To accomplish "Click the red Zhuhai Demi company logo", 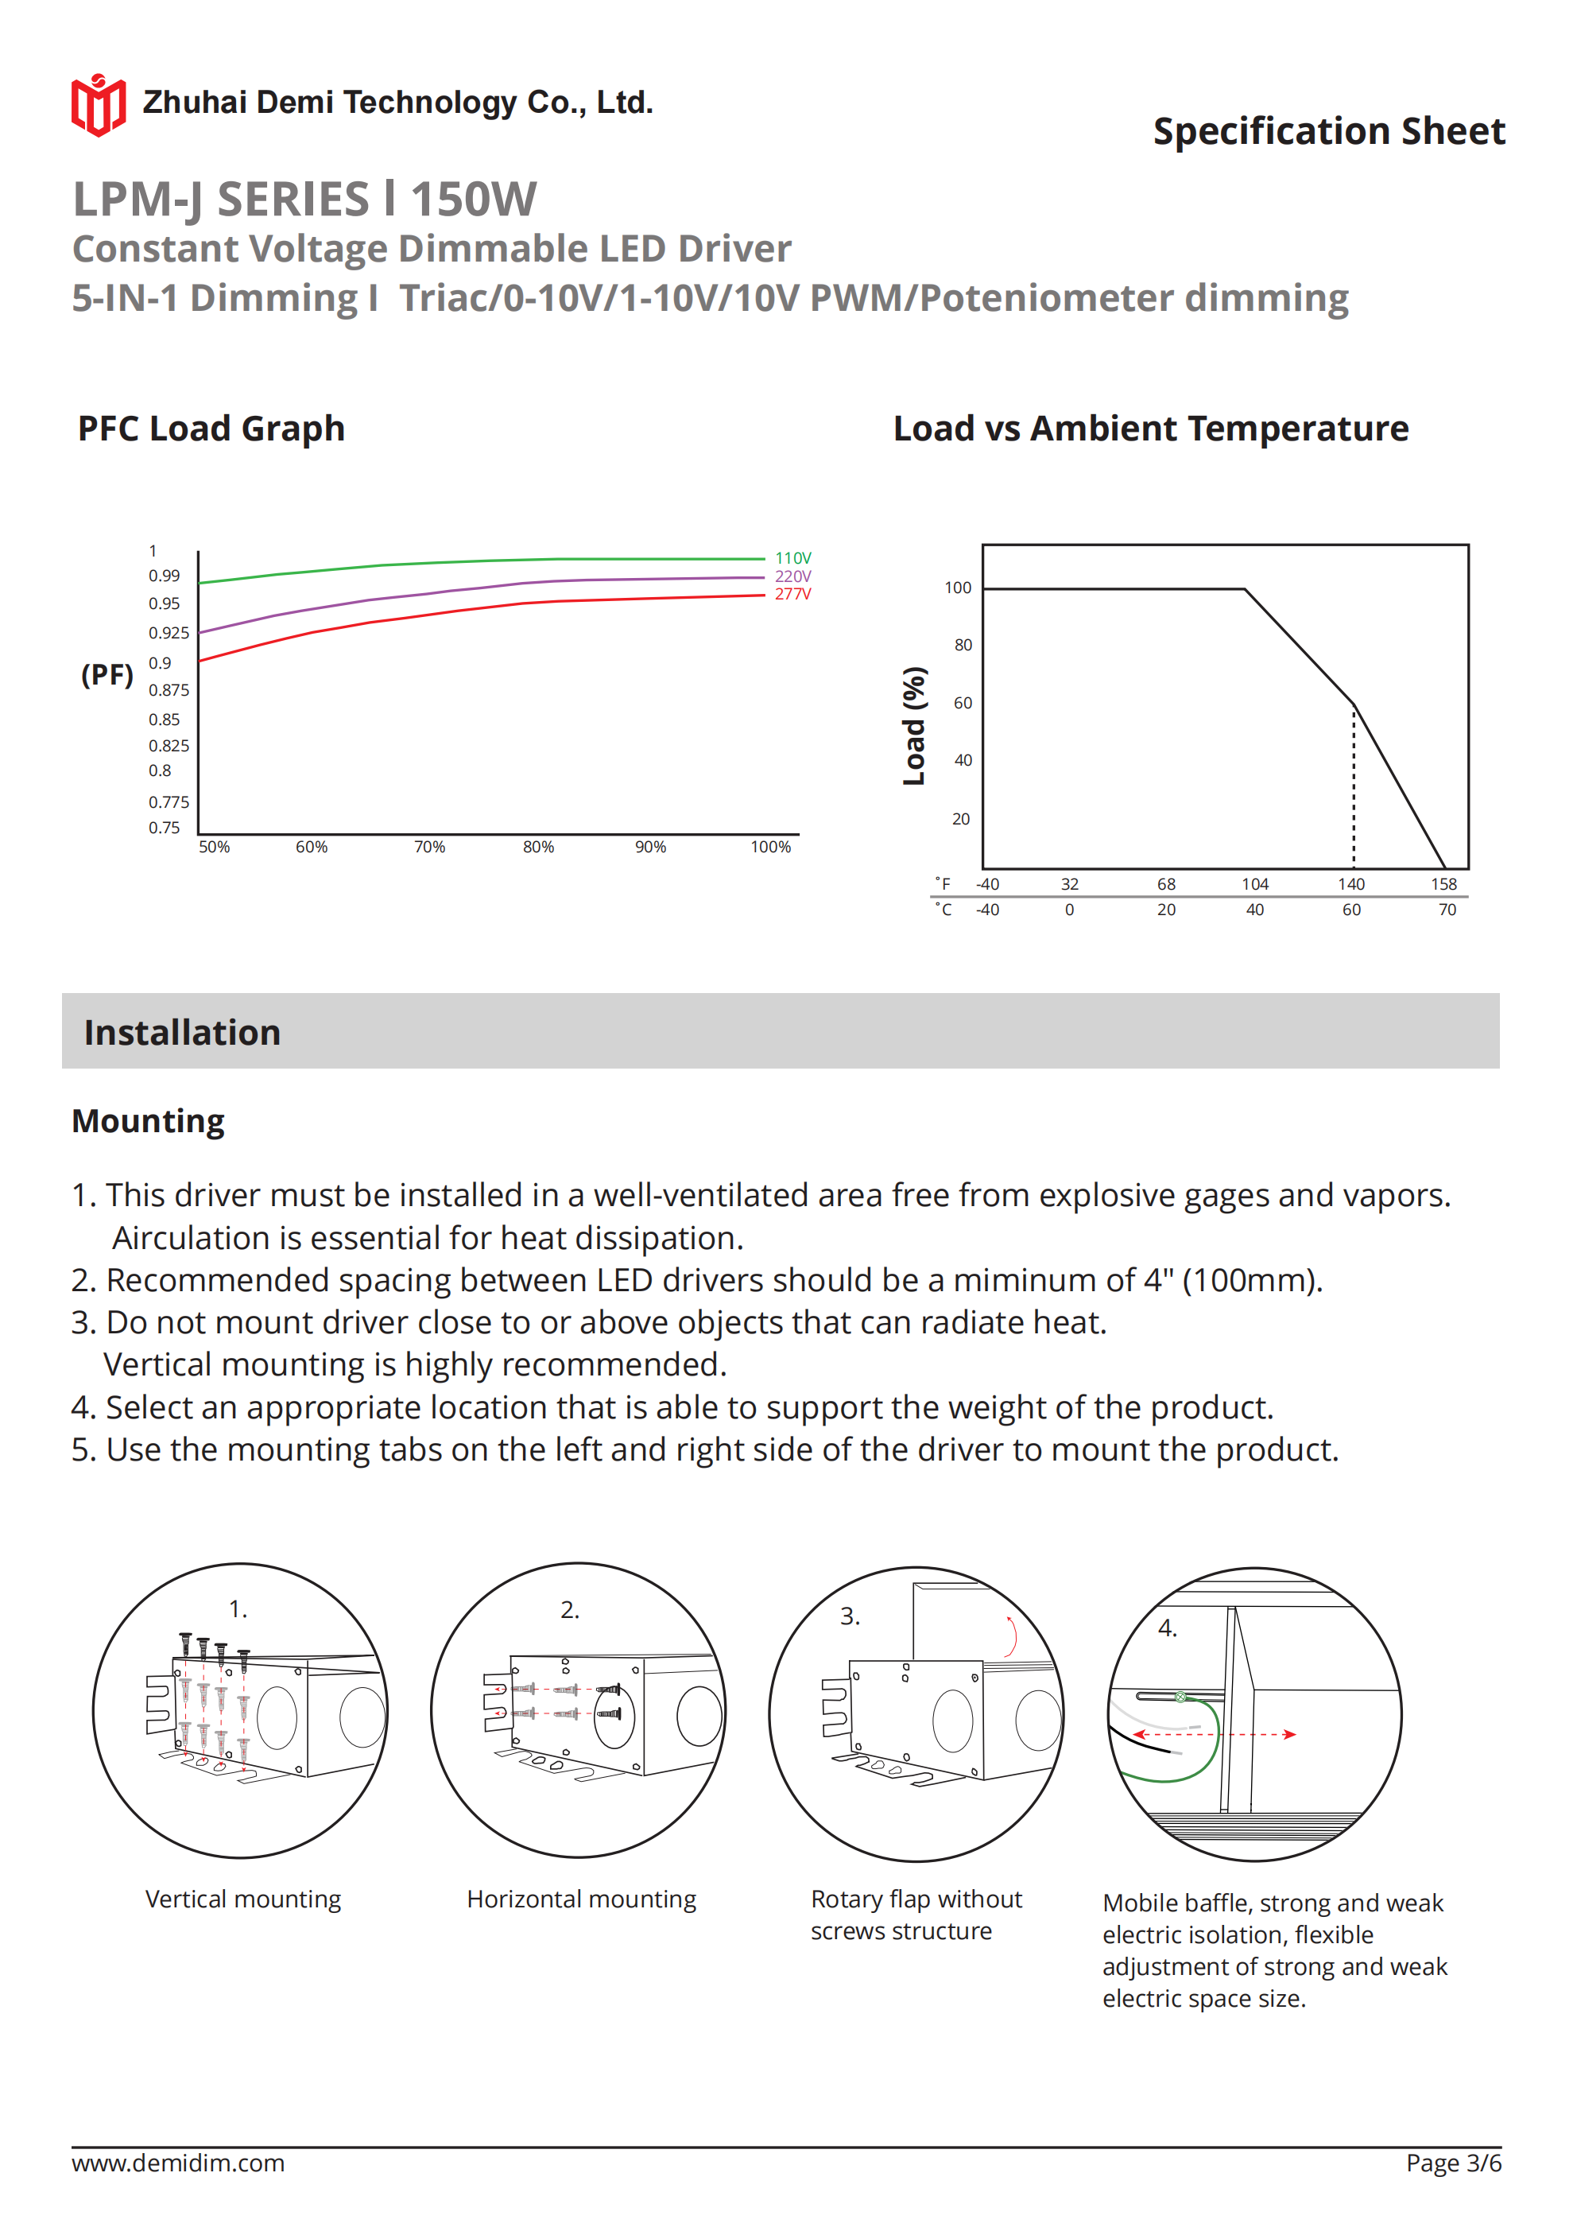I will pyautogui.click(x=98, y=105).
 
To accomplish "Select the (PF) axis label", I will pyautogui.click(x=107, y=674).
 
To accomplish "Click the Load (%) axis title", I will pyautogui.click(x=914, y=726).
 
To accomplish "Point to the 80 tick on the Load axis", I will pyautogui.click(x=962, y=645).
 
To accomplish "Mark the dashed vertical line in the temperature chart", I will pyautogui.click(x=1354, y=787).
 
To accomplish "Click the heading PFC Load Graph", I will pyautogui.click(x=211, y=429).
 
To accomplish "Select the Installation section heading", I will pyautogui.click(x=183, y=1032).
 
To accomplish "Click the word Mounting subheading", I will pyautogui.click(x=148, y=1121).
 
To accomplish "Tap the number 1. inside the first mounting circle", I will pyautogui.click(x=238, y=1610).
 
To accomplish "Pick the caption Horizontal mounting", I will pyautogui.click(x=581, y=1899).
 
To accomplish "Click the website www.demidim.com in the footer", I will pyautogui.click(x=178, y=2163).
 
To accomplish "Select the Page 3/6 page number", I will pyautogui.click(x=1453, y=2163).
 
